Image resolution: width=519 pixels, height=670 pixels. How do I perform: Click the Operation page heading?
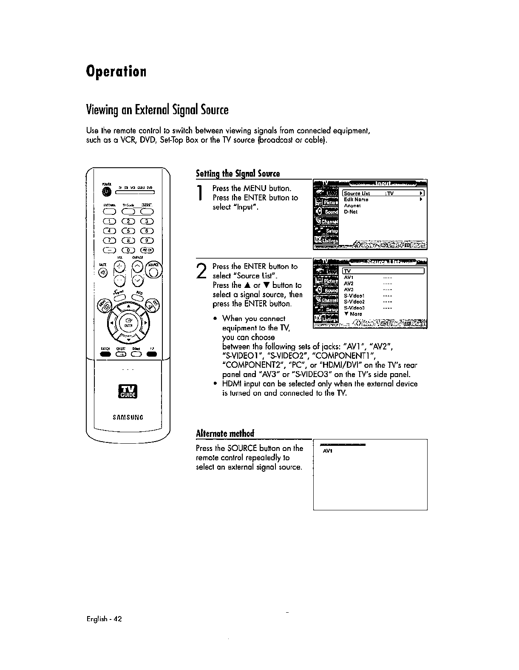click(116, 71)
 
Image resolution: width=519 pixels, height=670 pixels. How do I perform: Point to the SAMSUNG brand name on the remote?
click(128, 417)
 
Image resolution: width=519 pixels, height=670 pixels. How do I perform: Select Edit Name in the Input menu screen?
click(356, 200)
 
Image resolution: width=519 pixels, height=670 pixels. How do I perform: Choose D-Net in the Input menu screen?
click(351, 212)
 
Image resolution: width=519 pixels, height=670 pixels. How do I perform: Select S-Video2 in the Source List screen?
click(355, 302)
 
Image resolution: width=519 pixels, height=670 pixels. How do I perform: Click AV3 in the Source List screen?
click(349, 290)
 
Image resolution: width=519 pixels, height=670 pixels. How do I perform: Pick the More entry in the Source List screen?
click(354, 314)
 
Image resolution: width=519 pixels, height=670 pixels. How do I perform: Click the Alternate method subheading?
click(224, 434)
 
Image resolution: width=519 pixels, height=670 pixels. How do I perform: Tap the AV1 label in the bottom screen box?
click(327, 451)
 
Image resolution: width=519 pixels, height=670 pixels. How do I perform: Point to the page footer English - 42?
click(104, 619)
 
